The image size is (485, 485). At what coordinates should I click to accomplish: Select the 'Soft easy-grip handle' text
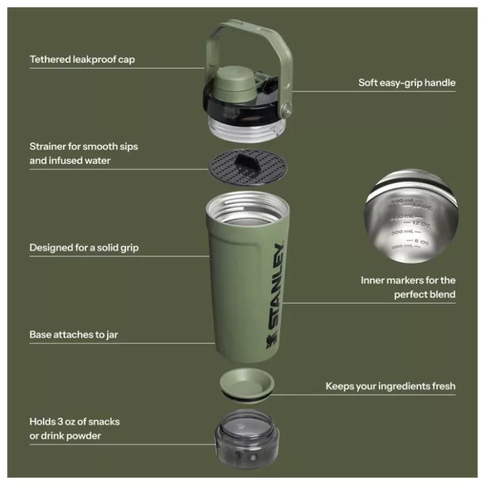[x=407, y=82]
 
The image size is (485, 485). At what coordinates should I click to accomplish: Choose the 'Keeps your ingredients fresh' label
[x=390, y=386]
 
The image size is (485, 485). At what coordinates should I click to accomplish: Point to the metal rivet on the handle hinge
[x=287, y=110]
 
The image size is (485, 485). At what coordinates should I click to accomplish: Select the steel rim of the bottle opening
[x=247, y=203]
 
